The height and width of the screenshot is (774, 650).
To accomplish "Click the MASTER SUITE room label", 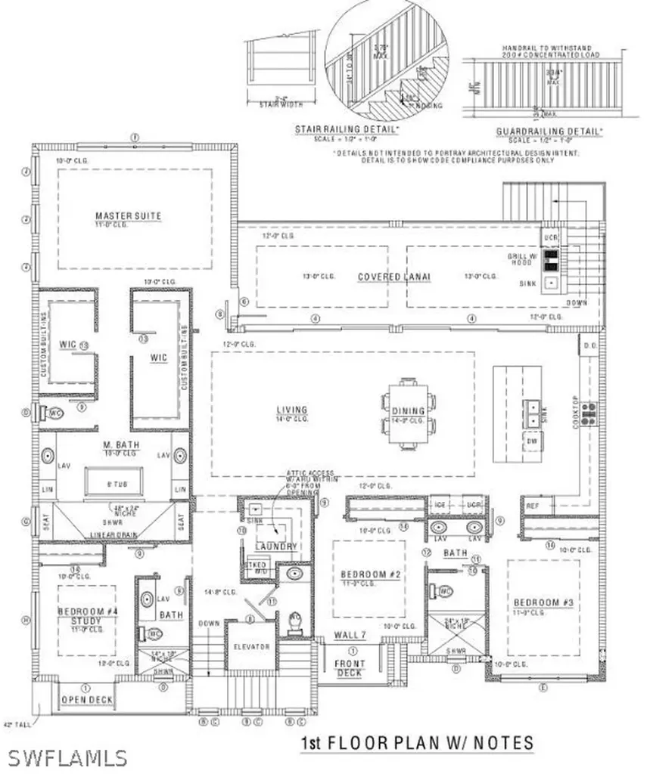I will (128, 216).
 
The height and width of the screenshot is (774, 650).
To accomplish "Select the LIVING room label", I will (291, 410).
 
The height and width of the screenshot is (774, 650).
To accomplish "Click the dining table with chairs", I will (408, 413).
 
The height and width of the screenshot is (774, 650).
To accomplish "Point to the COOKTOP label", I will (576, 411).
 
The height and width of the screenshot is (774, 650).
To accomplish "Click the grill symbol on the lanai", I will (553, 261).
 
